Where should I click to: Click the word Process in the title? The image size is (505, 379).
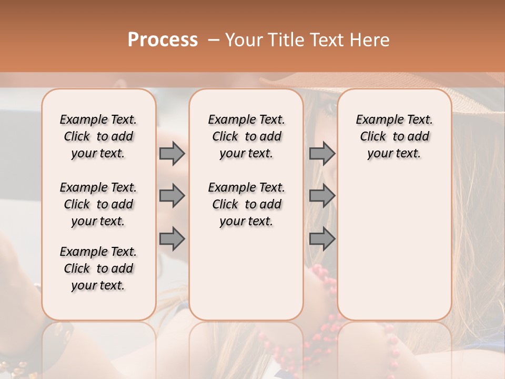[163, 40]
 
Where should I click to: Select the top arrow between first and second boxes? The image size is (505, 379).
[172, 154]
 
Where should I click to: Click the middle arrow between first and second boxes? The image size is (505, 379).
[172, 196]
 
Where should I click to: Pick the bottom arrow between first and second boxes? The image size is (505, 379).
[172, 238]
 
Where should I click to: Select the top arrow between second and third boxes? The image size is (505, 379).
[322, 154]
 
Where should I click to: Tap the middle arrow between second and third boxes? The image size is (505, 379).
[322, 196]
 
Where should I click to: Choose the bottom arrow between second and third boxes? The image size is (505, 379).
[322, 238]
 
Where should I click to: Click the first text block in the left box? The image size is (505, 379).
[98, 136]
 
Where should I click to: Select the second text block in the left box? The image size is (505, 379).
[98, 204]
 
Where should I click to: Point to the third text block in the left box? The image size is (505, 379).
[98, 268]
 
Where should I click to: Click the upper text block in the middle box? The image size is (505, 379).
[246, 136]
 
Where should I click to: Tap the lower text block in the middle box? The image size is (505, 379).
[246, 204]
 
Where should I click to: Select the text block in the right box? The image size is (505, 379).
[394, 136]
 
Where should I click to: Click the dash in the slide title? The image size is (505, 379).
[213, 41]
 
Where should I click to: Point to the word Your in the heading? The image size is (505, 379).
[244, 40]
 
